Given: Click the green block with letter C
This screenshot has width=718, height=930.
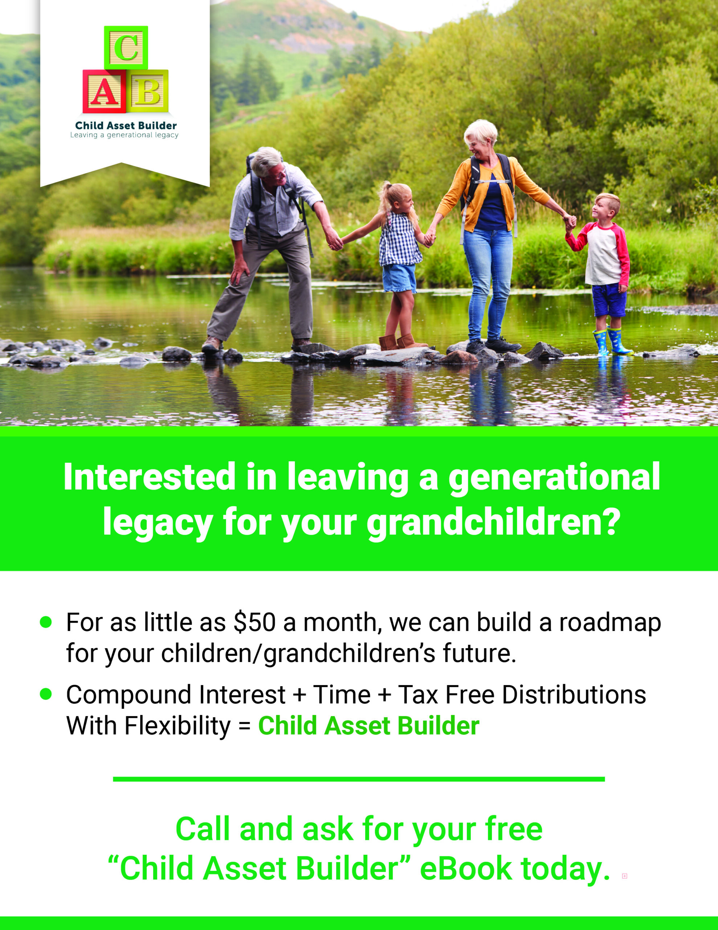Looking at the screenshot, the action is pyautogui.click(x=126, y=47).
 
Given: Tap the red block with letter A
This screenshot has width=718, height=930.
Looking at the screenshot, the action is pyautogui.click(x=104, y=91).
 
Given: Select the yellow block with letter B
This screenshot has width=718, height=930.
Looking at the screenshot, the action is pyautogui.click(x=148, y=91).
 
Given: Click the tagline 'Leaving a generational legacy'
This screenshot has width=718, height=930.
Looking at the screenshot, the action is pyautogui.click(x=124, y=135).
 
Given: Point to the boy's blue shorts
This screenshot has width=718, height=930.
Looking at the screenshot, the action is pyautogui.click(x=609, y=300).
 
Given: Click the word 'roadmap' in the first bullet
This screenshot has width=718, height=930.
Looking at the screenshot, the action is pyautogui.click(x=610, y=623).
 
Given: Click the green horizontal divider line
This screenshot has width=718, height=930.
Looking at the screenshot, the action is pyautogui.click(x=359, y=779).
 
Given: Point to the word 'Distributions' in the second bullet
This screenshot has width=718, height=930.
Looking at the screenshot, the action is pyautogui.click(x=574, y=695).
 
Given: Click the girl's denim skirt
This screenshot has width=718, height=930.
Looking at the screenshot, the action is pyautogui.click(x=399, y=278).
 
